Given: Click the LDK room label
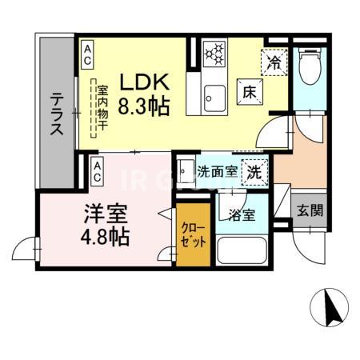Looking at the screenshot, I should click(x=145, y=82).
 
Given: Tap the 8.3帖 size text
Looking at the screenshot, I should click(x=145, y=105).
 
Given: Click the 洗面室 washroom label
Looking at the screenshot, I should click(x=216, y=170).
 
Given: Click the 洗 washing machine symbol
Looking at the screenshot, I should click(x=254, y=170).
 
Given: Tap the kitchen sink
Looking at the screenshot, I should click(x=213, y=97).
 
